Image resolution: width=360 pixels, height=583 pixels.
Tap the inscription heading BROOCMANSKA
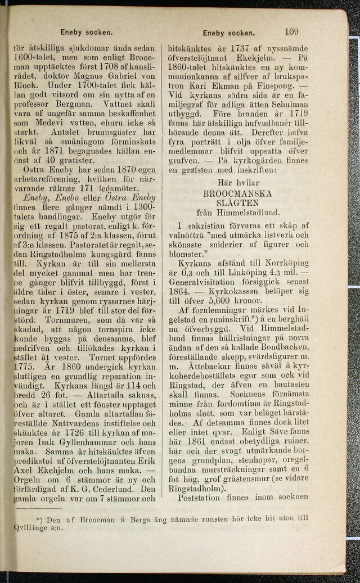(x=238, y=193)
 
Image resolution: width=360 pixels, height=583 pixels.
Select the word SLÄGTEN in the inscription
(x=237, y=202)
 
